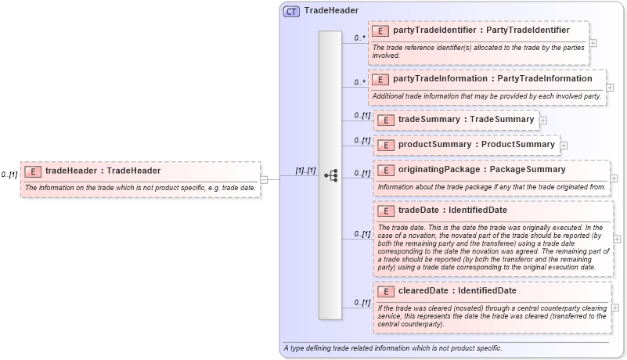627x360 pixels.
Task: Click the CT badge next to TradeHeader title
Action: point(291,11)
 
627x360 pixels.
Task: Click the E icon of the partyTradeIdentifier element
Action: point(380,31)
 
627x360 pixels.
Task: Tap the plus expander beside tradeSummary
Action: point(543,121)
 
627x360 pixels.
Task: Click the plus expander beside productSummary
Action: point(564,146)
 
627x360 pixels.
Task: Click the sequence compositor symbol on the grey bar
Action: point(330,175)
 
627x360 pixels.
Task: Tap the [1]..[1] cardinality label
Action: point(305,171)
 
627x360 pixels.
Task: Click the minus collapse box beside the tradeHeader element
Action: point(264,179)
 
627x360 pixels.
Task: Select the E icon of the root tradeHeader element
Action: point(33,171)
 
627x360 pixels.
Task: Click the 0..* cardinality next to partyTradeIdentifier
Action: point(360,38)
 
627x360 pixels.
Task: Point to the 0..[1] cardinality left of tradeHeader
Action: point(9,175)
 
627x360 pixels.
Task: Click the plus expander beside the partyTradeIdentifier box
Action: point(593,44)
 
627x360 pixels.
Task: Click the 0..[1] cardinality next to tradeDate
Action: point(361,233)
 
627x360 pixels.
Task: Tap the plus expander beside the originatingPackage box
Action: point(614,178)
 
